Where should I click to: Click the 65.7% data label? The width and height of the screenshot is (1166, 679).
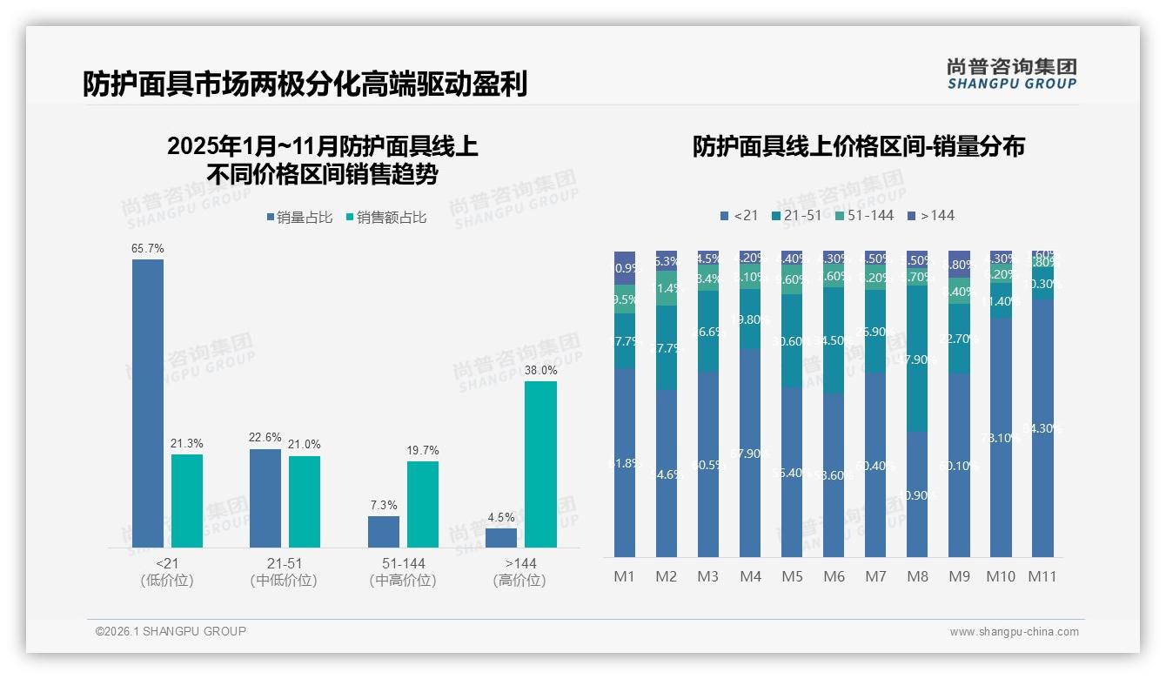[x=148, y=249]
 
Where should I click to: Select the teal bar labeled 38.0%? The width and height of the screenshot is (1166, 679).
[x=540, y=464]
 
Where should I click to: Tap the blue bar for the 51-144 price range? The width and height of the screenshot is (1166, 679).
[x=384, y=532]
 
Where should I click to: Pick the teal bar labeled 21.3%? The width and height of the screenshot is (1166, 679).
[x=187, y=501]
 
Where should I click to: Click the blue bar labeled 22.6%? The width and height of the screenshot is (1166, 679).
[x=265, y=498]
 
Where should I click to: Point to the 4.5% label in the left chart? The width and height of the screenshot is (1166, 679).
[x=501, y=518]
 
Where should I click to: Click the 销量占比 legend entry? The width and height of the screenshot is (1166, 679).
[x=299, y=218]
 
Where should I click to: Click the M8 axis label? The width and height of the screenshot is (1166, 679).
[x=918, y=576]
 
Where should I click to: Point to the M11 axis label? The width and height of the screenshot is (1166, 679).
[x=1042, y=576]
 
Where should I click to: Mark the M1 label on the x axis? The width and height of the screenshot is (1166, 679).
[x=625, y=576]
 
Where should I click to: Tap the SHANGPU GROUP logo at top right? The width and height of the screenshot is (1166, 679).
[x=1012, y=74]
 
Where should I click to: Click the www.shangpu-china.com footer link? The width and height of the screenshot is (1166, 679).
[x=1014, y=632]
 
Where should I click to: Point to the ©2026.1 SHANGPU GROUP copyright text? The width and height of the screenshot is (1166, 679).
[x=171, y=631]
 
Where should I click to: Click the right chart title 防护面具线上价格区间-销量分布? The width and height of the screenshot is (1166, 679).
[x=858, y=146]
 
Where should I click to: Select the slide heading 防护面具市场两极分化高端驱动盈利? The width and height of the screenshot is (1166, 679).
[x=305, y=84]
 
